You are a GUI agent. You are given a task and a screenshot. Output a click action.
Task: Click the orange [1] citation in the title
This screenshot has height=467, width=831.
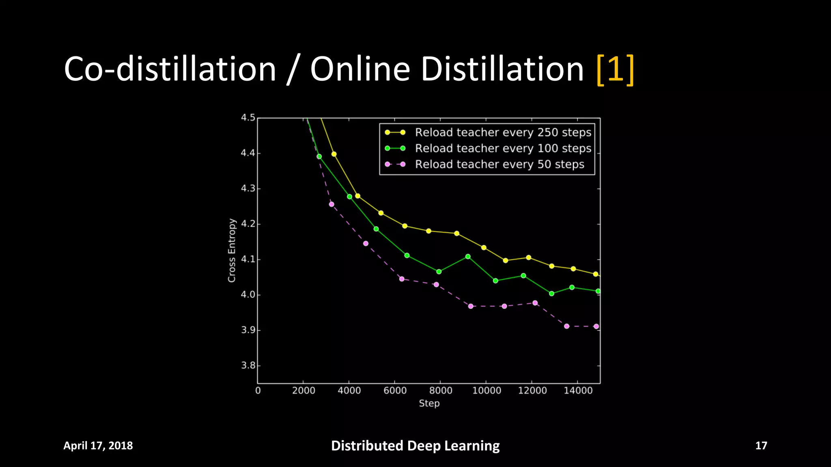pos(615,69)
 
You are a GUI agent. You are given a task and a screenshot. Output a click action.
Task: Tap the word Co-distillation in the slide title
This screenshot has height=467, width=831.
pos(170,69)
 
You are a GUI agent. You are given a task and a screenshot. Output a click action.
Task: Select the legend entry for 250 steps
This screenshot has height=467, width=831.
pos(503,133)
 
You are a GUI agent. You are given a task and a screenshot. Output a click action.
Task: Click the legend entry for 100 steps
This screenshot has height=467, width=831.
pos(503,148)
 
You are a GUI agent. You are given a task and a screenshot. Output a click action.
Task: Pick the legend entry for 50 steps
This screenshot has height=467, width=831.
pos(499,164)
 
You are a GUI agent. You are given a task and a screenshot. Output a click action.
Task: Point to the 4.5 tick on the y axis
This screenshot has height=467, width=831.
pos(248,118)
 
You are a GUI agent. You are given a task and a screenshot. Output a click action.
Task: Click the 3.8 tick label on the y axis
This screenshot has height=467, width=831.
pos(248,366)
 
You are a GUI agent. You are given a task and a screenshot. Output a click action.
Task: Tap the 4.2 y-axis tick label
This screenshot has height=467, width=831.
pos(248,224)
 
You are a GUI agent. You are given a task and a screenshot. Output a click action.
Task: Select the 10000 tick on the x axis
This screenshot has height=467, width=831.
pos(487,391)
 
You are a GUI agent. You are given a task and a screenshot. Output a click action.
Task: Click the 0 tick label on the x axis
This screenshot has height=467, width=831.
pos(258,391)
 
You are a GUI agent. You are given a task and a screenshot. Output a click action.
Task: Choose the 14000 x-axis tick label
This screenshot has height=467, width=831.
pos(578,391)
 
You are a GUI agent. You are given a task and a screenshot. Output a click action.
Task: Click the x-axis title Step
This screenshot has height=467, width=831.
pos(429,403)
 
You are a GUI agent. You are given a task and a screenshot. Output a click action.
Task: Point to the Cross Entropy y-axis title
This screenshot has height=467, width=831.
pos(232,250)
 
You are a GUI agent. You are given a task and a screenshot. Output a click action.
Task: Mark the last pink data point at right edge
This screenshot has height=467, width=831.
pos(596,326)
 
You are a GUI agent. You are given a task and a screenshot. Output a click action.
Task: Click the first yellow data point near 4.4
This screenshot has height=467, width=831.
pos(334,154)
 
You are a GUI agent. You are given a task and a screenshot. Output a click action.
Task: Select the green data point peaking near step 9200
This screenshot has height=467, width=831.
pos(468,257)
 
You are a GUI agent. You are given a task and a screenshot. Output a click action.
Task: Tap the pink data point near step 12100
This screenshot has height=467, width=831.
pos(535,303)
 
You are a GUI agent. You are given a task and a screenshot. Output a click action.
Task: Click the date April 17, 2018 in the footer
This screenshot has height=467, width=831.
pos(98,446)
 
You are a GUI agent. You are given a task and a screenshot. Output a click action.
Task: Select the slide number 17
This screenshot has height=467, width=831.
pos(761,446)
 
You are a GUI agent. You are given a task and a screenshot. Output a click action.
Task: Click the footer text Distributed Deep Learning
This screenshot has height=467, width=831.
pos(415,446)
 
